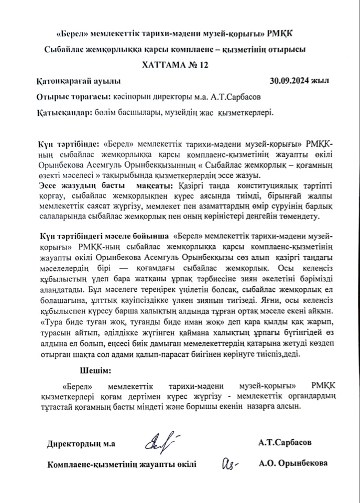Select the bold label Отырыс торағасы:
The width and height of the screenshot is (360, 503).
72,97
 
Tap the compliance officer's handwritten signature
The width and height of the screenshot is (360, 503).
230,463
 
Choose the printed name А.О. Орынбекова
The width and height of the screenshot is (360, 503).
293,463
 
